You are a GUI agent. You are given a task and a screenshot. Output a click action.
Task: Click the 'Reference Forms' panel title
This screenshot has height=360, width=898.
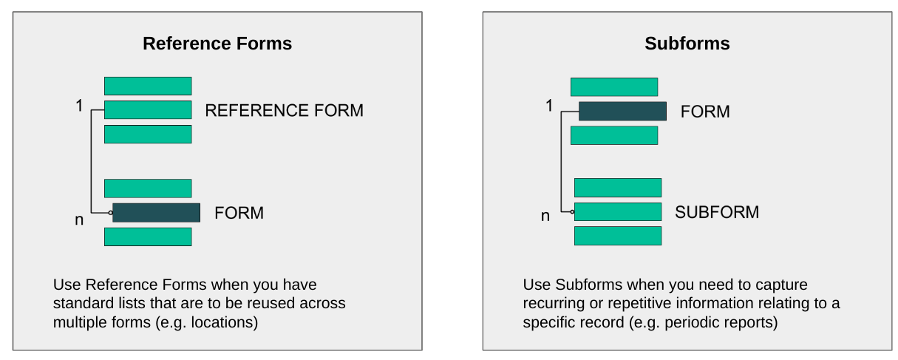[x=217, y=44]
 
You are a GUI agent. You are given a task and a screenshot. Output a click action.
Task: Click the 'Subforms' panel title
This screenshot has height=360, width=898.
[x=687, y=44]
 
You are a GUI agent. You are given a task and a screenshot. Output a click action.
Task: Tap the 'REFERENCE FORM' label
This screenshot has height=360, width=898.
[x=285, y=110]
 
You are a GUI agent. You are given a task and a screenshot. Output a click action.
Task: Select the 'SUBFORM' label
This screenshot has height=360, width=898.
[x=717, y=212]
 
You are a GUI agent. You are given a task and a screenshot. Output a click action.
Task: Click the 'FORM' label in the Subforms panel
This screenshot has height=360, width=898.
[x=705, y=112]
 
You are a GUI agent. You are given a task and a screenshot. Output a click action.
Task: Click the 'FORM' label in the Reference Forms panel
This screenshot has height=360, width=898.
[x=239, y=213]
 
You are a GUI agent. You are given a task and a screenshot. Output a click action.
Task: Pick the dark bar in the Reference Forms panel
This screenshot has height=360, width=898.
[x=157, y=212]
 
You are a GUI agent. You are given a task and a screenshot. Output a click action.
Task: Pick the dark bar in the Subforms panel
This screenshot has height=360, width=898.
[x=622, y=111]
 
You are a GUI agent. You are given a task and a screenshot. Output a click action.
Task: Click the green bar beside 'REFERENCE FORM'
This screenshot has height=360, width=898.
[x=148, y=110]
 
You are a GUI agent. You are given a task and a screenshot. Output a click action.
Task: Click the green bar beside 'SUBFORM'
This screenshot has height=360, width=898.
[x=618, y=211]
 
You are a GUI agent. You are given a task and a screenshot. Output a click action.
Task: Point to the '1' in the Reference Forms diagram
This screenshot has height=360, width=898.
[x=79, y=106]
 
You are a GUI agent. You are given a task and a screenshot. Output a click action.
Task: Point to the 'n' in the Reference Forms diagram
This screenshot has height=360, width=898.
[x=79, y=220]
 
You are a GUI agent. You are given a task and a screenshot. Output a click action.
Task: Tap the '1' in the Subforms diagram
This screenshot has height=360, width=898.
[x=549, y=106]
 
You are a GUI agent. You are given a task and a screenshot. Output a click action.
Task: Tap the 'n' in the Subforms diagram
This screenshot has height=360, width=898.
[x=545, y=217]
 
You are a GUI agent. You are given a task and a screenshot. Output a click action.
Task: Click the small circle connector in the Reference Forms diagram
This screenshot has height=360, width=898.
[x=111, y=212]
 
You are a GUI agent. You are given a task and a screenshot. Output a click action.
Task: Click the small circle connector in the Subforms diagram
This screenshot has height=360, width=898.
[x=572, y=211]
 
